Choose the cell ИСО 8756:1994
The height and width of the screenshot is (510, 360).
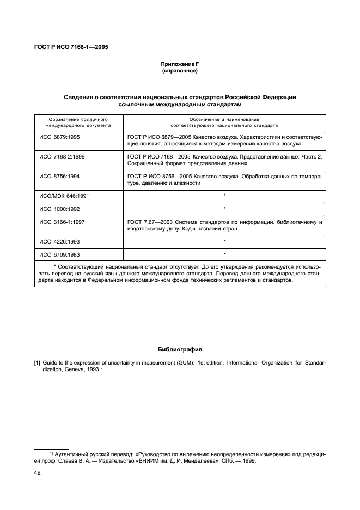(59, 176)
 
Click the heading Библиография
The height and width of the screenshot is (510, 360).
(180, 349)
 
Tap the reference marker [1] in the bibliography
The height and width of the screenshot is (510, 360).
(38, 363)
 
